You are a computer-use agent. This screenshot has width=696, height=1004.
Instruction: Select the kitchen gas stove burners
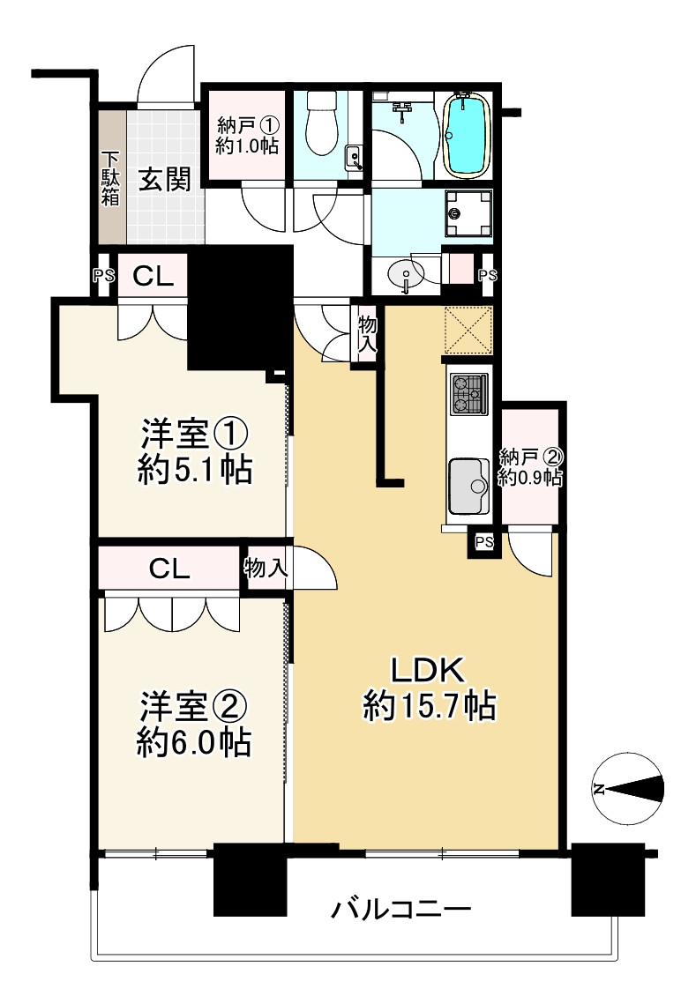(469, 393)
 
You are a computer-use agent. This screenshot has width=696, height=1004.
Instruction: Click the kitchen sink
(469, 486)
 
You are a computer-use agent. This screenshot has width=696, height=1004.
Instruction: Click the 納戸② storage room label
(529, 467)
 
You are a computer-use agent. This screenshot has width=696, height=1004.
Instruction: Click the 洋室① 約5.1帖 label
(195, 453)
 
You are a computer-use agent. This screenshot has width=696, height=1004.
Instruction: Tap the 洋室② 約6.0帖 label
(194, 725)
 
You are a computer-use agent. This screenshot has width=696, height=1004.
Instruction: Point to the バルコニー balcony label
(401, 909)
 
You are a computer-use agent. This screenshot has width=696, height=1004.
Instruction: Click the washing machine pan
(465, 214)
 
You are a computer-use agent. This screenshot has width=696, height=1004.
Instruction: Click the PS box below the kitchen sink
(483, 542)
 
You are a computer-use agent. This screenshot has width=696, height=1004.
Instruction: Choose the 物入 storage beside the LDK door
(367, 333)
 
